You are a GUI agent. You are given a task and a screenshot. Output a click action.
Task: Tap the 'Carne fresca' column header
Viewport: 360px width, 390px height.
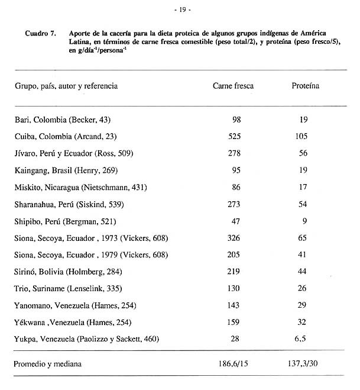pos(233,86)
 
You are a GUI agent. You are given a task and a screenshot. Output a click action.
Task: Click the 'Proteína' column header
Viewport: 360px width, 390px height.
pos(305,86)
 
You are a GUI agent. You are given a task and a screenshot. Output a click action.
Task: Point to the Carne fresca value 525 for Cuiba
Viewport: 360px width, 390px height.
pos(233,137)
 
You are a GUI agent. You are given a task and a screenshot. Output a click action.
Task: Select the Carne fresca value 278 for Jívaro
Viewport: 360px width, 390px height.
pos(233,154)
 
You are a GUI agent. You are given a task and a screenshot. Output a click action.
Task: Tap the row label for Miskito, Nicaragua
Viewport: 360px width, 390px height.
pos(80,188)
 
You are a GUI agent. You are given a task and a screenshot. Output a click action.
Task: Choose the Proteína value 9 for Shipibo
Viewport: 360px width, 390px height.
pos(304,221)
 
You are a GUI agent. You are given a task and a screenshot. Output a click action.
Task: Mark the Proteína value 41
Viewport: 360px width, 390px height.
pos(304,255)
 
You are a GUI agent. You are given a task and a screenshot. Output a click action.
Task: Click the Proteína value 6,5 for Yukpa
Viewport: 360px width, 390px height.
pos(304,339)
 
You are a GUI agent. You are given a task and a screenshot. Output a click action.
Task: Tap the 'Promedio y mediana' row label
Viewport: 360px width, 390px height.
pos(49,364)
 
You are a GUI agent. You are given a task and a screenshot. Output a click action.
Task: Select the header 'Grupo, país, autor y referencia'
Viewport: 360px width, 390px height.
pos(66,86)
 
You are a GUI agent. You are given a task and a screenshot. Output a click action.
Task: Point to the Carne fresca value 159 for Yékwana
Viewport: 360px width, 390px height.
pos(233,322)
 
